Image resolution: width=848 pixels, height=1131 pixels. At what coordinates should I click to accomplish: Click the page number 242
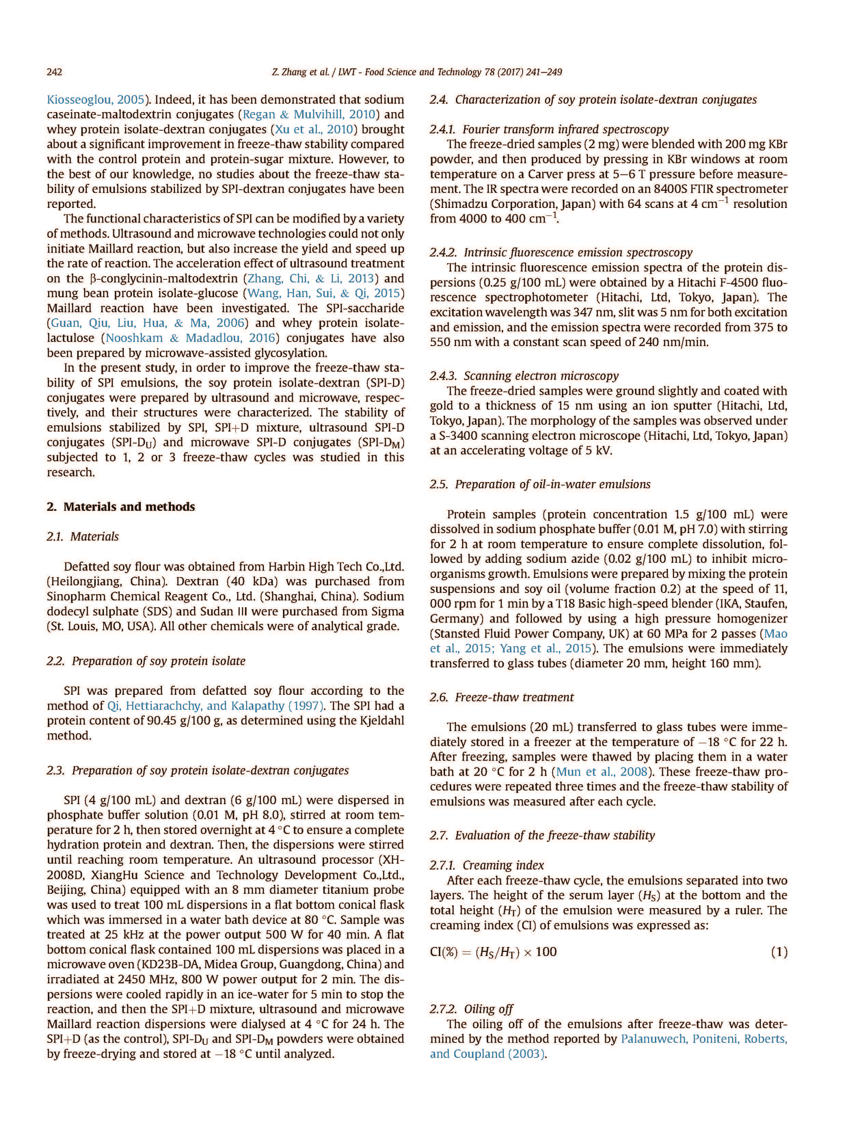pyautogui.click(x=54, y=72)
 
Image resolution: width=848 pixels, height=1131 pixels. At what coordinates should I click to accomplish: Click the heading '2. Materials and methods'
pyautogui.click(x=121, y=507)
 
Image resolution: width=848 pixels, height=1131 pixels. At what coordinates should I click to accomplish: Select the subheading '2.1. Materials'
pyautogui.click(x=82, y=536)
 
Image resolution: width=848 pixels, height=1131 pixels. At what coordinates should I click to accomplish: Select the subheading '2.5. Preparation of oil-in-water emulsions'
pyautogui.click(x=540, y=484)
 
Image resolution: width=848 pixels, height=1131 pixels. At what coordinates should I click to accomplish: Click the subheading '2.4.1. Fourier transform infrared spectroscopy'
pyautogui.click(x=549, y=129)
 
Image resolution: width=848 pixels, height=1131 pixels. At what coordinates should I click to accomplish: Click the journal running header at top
pyautogui.click(x=417, y=72)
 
